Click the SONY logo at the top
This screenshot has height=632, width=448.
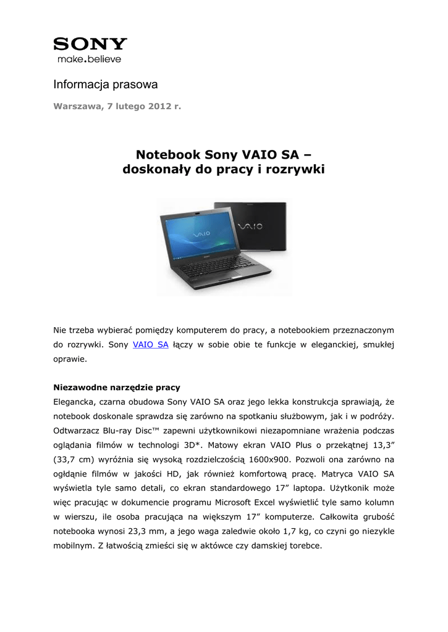(x=90, y=44)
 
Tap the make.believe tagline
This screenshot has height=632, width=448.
(x=89, y=59)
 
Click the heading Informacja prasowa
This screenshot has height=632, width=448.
(x=105, y=84)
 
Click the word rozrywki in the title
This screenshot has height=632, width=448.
(x=294, y=168)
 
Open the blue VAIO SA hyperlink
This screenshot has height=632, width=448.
(x=151, y=344)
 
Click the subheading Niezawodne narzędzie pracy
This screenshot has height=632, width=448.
(x=117, y=388)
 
